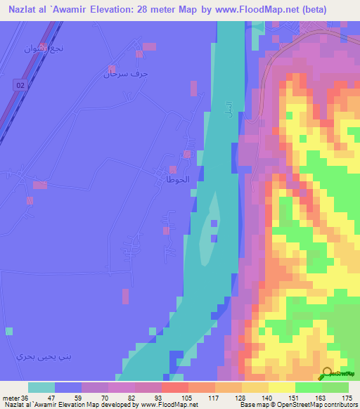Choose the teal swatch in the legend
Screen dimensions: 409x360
[x=41, y=387]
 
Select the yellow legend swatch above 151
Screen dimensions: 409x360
[x=282, y=387]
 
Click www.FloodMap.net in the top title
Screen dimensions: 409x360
[x=278, y=10]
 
